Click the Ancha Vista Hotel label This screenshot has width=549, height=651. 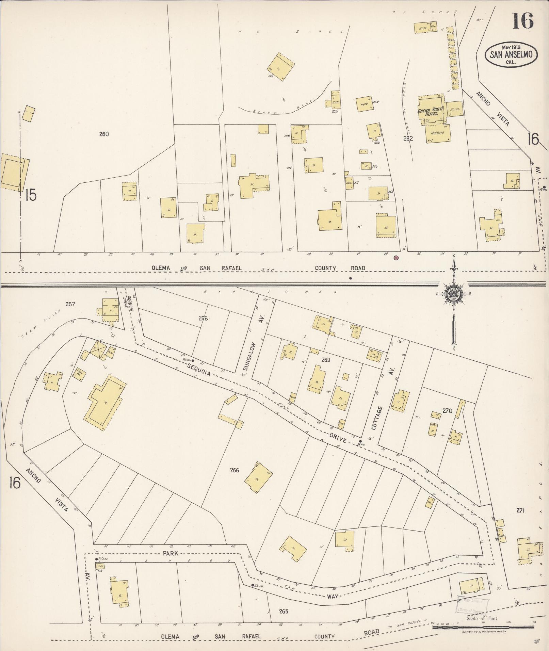[431, 111]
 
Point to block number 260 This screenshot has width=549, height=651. [104, 134]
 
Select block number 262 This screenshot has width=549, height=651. [408, 139]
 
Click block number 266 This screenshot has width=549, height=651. [235, 471]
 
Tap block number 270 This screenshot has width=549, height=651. [447, 411]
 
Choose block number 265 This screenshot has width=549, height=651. [283, 611]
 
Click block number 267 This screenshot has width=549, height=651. [70, 304]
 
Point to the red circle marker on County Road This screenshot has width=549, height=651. [396, 258]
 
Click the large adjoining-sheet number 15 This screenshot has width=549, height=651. [30, 195]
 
